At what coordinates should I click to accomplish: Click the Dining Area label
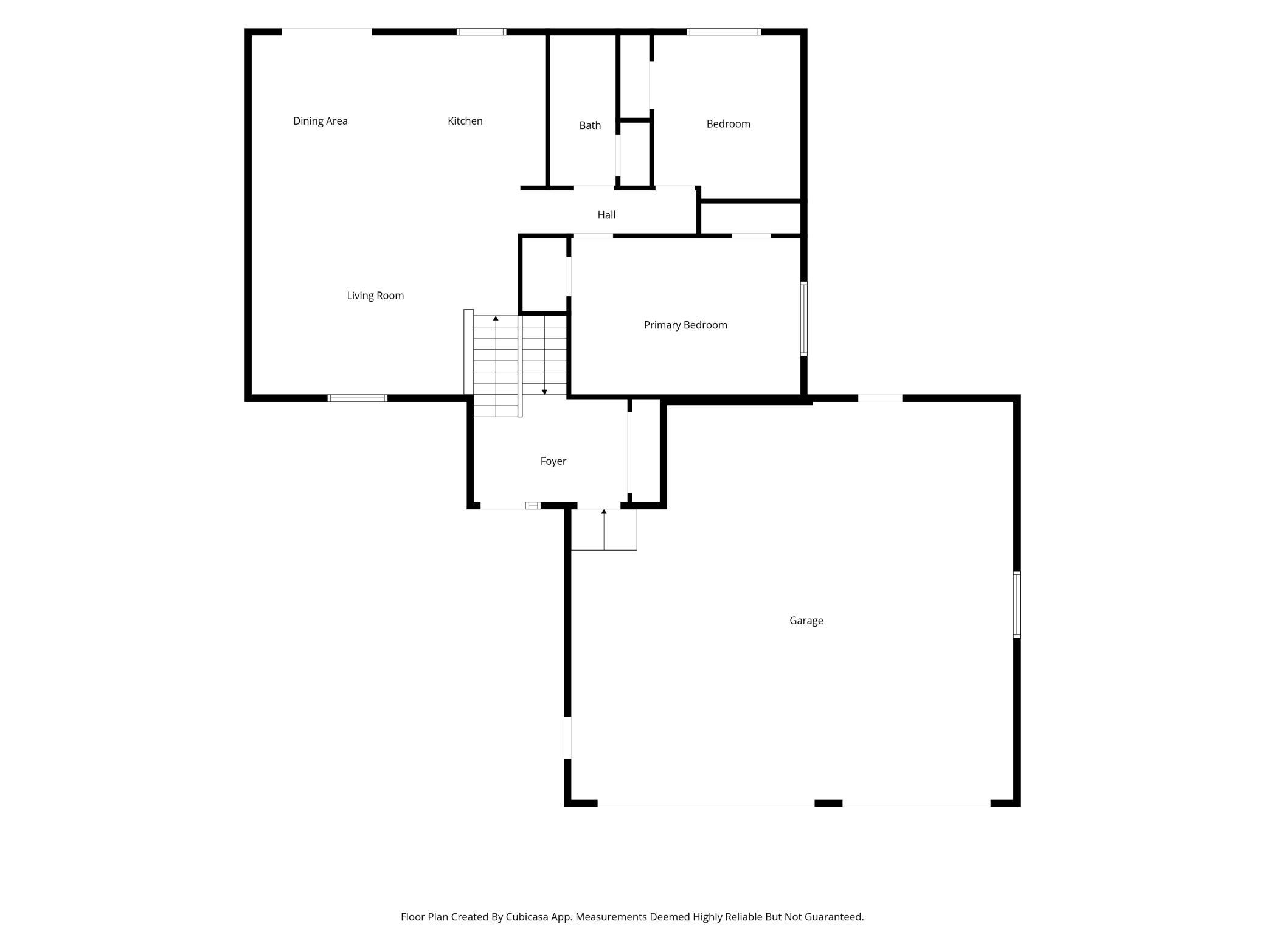pos(321,121)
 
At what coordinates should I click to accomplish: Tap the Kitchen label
pos(465,121)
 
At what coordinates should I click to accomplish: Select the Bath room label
pos(590,125)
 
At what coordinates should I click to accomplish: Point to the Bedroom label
pos(728,124)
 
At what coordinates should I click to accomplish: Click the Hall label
pos(606,215)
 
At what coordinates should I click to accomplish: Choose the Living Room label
pos(375,296)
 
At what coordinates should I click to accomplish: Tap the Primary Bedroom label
pos(685,325)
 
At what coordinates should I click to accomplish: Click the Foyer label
pos(553,461)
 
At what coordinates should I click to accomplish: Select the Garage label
pos(806,620)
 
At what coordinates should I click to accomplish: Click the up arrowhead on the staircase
pos(496,318)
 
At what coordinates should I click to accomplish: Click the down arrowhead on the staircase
pos(544,392)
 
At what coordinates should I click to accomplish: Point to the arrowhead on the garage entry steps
pos(604,512)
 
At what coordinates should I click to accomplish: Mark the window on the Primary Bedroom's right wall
pos(803,319)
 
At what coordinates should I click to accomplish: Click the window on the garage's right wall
pos(1016,605)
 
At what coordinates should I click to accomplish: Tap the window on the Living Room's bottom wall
pos(357,398)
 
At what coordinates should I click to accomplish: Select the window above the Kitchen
pos(481,32)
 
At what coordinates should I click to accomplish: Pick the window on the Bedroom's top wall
pos(724,32)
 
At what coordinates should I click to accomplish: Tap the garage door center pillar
pos(828,803)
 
